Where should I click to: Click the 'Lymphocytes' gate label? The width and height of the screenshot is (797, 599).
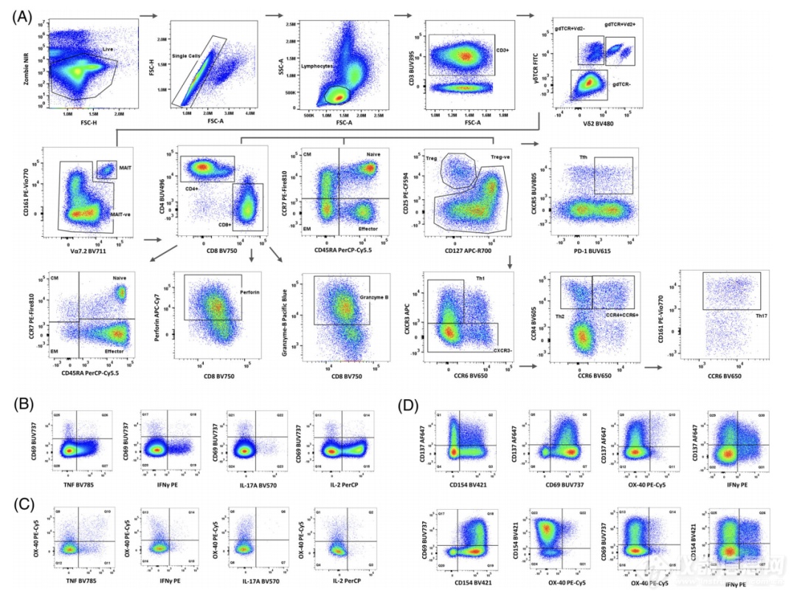pyautogui.click(x=317, y=66)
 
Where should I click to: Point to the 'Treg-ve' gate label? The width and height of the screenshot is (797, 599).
pyautogui.click(x=501, y=157)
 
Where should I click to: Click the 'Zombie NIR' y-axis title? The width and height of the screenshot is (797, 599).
pyautogui.click(x=27, y=64)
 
